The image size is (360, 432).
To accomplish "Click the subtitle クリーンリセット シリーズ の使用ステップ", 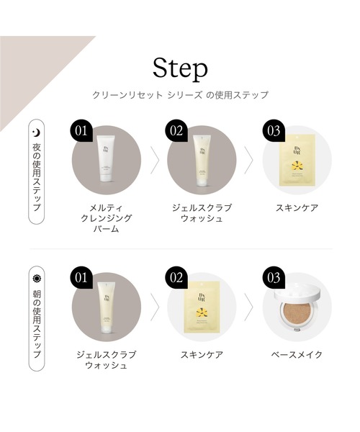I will point(180,95).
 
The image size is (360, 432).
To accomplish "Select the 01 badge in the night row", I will point(82,130).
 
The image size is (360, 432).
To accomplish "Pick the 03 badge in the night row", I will point(273,130).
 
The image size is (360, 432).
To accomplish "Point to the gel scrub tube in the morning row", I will point(104,306).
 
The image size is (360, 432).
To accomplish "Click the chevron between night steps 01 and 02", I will point(153,160).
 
